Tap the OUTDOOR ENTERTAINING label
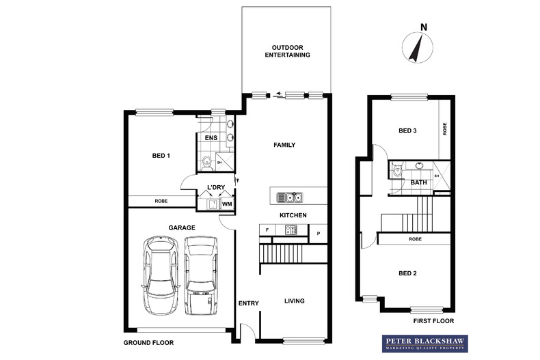coord(287,51)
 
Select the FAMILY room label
coord(284,145)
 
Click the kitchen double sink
coord(290,197)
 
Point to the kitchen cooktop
coord(290,231)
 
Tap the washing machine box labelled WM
coord(226,204)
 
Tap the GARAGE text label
coord(182,227)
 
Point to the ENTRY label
coord(247,303)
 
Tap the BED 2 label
coord(408,273)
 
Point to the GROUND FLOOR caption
coord(149,342)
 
